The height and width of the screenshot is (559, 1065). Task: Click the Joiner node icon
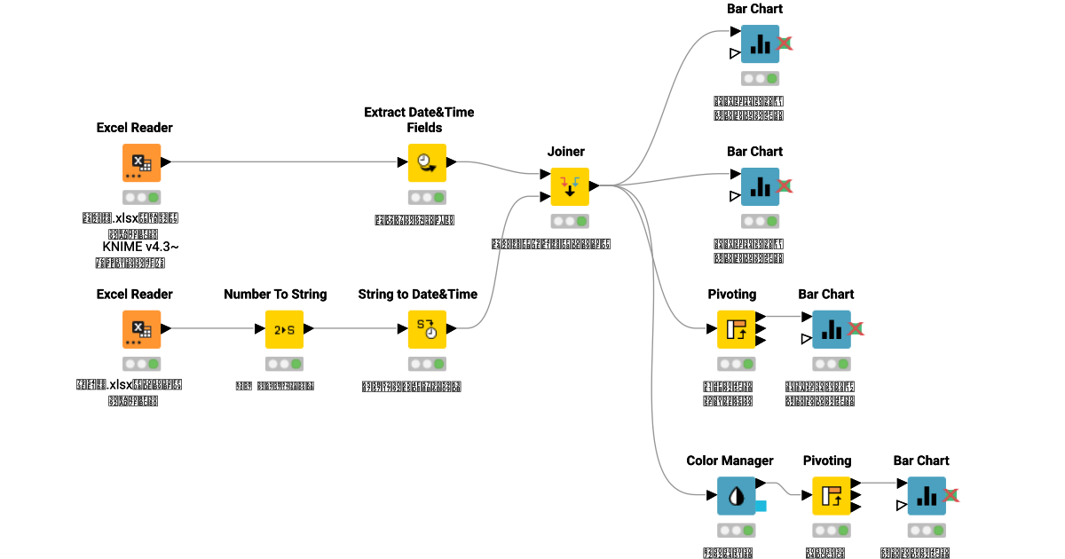569,186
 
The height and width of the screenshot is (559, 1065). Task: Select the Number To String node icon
284,329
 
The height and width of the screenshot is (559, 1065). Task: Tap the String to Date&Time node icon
427,329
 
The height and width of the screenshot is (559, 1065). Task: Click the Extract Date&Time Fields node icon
427,162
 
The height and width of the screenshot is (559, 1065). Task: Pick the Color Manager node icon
736,496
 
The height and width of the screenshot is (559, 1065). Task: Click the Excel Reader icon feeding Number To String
141,329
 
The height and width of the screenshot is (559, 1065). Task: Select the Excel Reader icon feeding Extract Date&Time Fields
141,162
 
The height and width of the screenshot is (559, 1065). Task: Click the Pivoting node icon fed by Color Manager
832,496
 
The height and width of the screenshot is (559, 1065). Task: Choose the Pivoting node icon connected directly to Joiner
736,329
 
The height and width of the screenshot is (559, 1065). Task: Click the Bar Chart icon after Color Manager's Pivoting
927,496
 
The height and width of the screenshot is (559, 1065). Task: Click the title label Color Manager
730,461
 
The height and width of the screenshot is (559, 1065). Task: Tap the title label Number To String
275,294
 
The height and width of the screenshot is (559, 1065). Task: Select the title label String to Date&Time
418,294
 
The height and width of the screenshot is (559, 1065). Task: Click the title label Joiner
566,151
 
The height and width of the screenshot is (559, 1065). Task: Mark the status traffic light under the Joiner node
569,221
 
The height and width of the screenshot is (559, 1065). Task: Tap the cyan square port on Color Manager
761,507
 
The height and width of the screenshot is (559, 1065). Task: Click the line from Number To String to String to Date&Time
355,329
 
